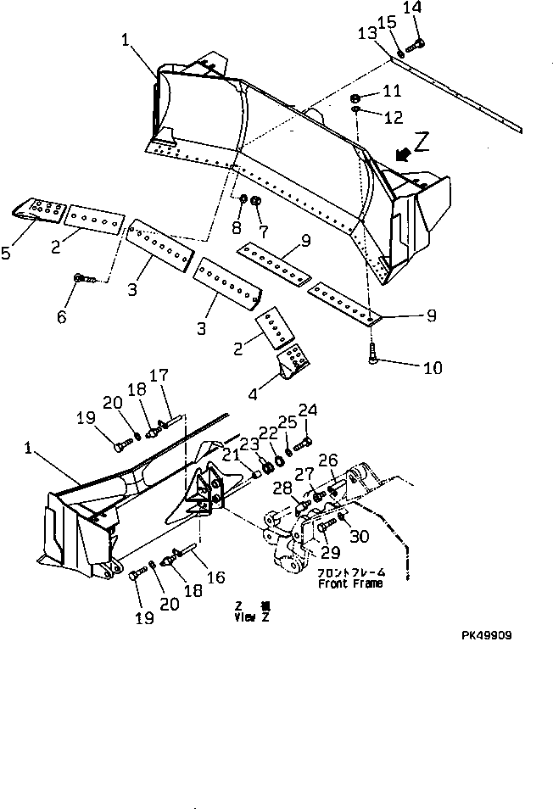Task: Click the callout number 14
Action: coord(411,8)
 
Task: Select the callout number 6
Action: coord(60,317)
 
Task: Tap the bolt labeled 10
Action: coord(374,359)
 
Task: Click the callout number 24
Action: coord(307,411)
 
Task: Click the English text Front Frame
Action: coord(350,583)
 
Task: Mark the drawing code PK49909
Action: coord(487,634)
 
